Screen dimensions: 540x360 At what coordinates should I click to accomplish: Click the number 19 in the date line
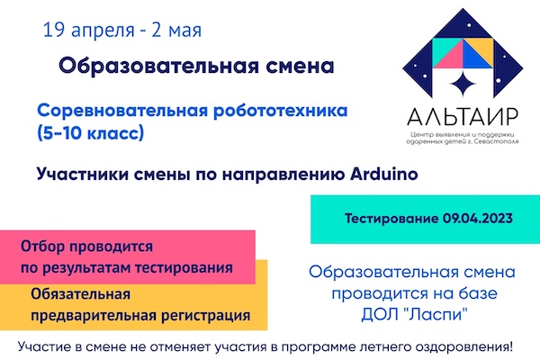[53, 30]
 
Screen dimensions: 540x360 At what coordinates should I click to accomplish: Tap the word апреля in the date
[103, 31]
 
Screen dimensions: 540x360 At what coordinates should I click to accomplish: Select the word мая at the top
[185, 31]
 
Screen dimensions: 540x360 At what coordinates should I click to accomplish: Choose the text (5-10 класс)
[90, 133]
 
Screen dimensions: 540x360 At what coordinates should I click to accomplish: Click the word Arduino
[384, 174]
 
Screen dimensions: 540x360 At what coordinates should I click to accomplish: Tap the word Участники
[82, 175]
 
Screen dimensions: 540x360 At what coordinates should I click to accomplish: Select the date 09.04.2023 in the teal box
[478, 219]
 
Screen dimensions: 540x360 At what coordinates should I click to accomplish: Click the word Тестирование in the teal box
[391, 219]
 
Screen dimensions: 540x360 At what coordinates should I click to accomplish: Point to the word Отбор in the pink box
[42, 247]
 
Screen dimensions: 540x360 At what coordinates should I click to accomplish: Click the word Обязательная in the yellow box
[81, 294]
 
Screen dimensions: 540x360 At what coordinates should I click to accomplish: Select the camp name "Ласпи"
[436, 314]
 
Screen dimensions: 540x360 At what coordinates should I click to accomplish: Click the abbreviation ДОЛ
[379, 315]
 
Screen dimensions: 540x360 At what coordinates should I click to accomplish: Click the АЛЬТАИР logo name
[463, 117]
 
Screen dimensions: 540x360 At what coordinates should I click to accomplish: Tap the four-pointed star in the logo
[463, 84]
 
